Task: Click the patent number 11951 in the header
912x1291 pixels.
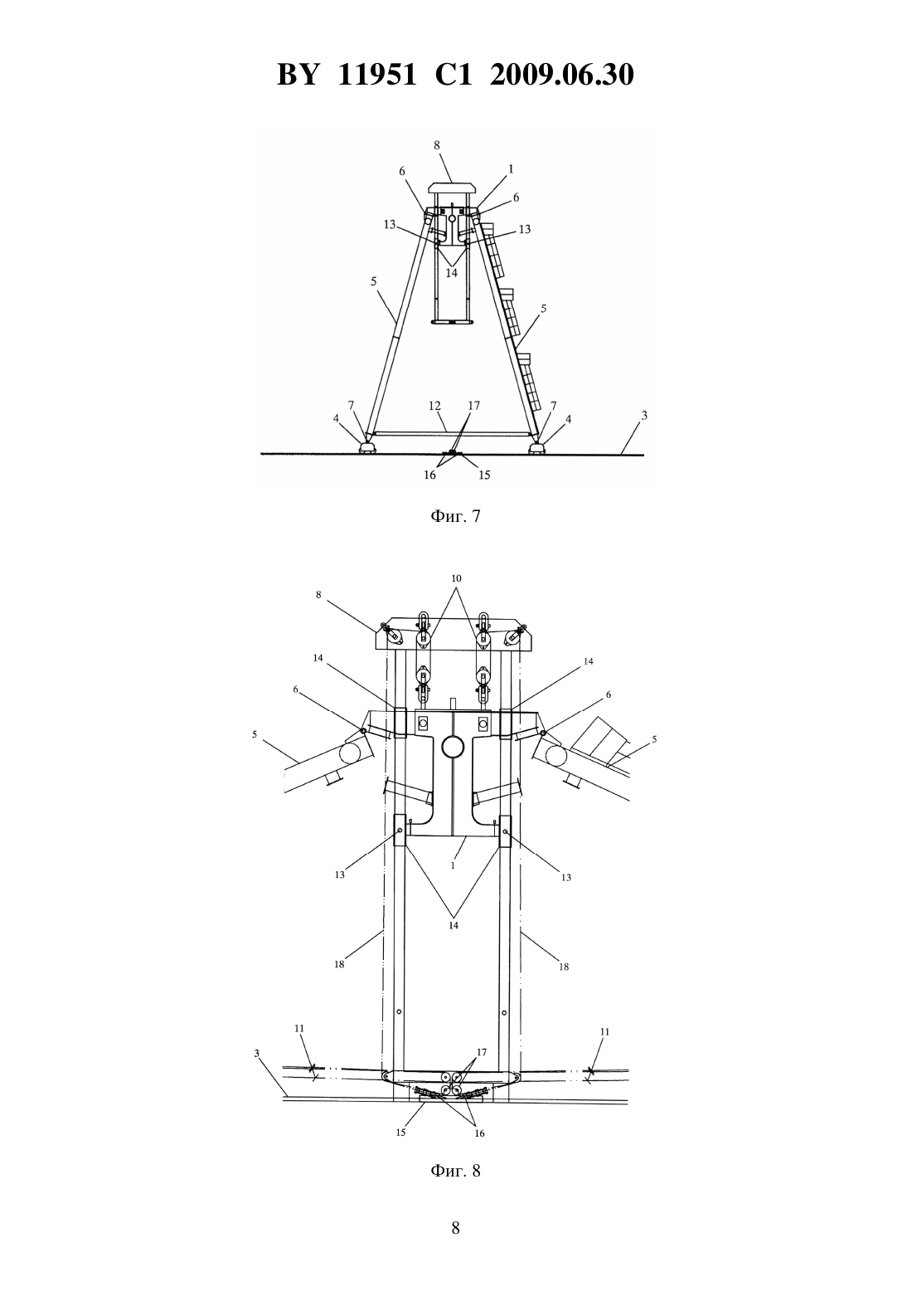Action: [377, 75]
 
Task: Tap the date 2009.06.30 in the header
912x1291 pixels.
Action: [562, 75]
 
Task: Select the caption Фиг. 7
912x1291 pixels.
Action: [455, 516]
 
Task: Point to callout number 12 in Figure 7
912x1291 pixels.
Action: [434, 406]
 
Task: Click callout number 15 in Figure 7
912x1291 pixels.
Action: [484, 475]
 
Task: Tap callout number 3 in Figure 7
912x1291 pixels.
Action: [644, 415]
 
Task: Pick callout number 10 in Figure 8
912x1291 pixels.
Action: [456, 578]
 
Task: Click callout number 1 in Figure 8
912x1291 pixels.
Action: [454, 865]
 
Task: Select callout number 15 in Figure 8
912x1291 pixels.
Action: [400, 1132]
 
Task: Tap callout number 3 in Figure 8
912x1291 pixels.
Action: [257, 1054]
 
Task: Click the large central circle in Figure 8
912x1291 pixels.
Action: [454, 747]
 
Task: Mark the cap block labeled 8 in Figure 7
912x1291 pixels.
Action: [452, 188]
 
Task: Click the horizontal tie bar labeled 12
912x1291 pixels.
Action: [452, 432]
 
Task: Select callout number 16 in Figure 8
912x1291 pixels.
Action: [479, 1133]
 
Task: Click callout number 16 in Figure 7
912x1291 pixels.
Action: [430, 475]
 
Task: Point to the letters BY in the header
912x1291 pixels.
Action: [298, 75]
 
